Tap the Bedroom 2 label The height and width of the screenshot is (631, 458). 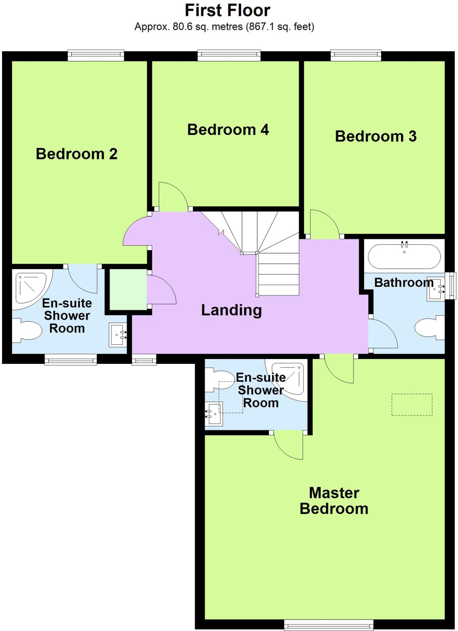click(x=76, y=154)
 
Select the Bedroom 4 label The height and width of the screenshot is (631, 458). click(x=228, y=129)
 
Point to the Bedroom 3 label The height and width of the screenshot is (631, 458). click(x=376, y=136)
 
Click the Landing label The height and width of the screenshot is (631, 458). click(x=231, y=310)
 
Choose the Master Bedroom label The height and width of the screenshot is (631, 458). click(x=334, y=501)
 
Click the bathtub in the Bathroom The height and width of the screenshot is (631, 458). click(x=404, y=257)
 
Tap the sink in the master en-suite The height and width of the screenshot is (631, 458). click(x=214, y=414)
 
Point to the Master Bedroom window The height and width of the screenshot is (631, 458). click(x=328, y=625)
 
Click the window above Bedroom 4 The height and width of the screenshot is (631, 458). click(x=229, y=55)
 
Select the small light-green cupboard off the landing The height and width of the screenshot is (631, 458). click(x=128, y=290)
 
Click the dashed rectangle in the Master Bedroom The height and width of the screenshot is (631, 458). click(x=412, y=404)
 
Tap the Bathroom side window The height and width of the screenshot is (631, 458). click(x=452, y=286)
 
